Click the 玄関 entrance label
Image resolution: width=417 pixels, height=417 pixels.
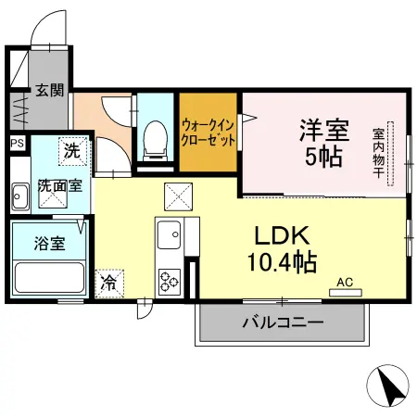click(50, 91)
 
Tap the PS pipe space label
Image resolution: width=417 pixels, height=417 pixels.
click(16, 144)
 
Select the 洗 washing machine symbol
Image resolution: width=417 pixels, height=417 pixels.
click(71, 147)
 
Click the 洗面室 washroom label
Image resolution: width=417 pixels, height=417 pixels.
click(60, 185)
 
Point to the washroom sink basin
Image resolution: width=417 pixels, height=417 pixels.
click(19, 196)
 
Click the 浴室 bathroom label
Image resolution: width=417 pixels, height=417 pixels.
click(49, 244)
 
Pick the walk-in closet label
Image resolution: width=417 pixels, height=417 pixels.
click(208, 132)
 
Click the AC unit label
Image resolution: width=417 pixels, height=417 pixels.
click(345, 281)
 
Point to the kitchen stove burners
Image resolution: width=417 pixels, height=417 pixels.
click(170, 278)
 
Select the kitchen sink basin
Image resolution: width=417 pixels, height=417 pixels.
click(169, 237)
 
